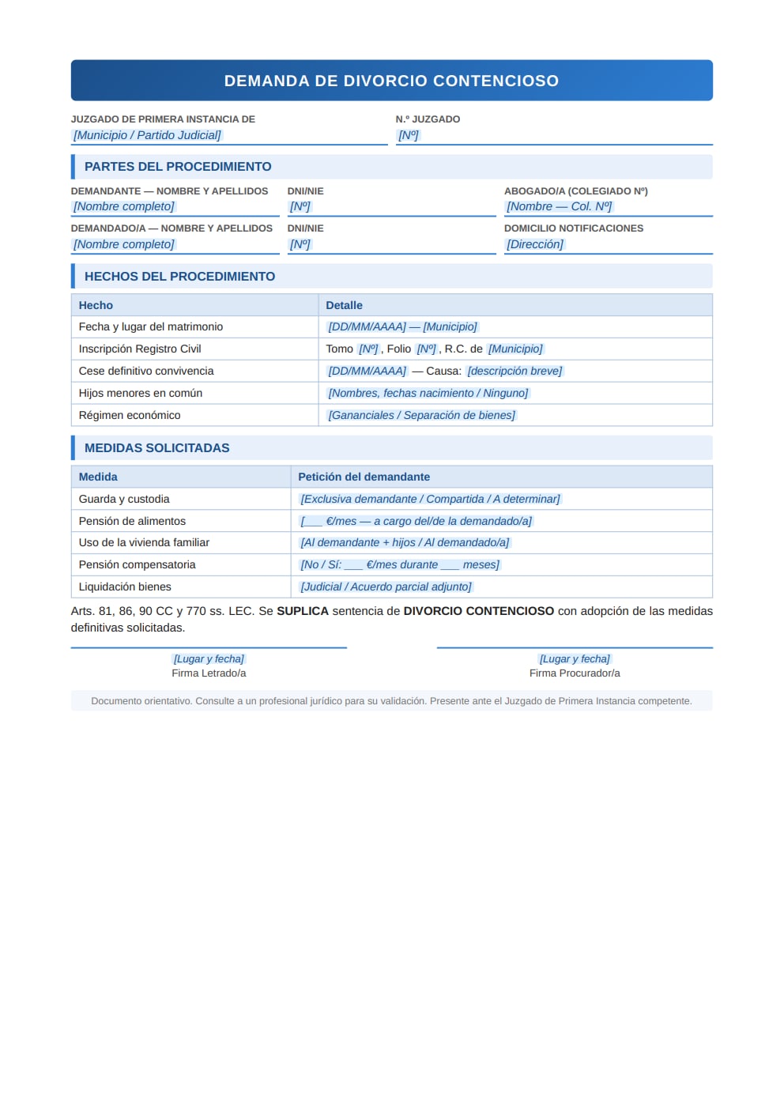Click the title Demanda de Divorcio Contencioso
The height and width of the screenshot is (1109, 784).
391,81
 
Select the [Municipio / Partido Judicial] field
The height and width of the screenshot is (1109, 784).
147,135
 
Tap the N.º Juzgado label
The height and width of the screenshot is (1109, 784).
428,119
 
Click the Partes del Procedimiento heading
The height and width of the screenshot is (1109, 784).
178,167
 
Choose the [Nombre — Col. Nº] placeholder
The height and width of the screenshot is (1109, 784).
559,206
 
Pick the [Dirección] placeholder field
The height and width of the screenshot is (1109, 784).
535,244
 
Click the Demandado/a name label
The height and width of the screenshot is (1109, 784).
171,228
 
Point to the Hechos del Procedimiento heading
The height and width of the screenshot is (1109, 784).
179,277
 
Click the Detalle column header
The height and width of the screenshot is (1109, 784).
344,305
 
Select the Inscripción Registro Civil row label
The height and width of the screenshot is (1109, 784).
140,349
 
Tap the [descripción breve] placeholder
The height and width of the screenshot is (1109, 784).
514,371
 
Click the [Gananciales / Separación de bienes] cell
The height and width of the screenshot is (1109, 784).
421,415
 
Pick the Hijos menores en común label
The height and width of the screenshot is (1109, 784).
141,393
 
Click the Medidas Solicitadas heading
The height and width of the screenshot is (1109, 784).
156,448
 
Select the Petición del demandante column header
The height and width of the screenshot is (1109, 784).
364,477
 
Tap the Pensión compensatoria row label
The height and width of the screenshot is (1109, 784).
137,564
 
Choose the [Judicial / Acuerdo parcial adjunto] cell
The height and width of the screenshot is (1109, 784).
386,587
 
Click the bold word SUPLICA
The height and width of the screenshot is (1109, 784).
302,611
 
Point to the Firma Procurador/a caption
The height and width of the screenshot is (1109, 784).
575,673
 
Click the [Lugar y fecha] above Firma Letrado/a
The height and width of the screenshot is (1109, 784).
209,658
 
